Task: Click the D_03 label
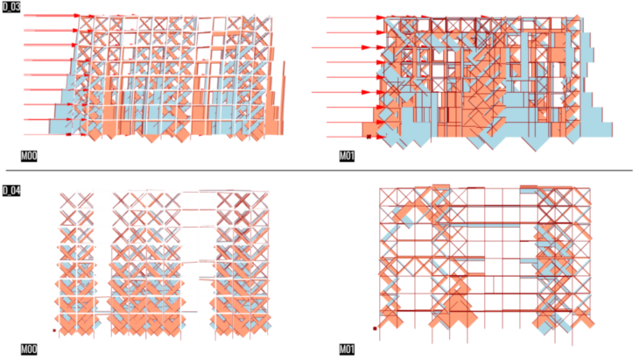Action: coord(11,7)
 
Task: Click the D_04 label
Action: coord(11,191)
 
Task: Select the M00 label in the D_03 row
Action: coord(29,156)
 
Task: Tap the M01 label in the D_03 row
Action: coord(347,156)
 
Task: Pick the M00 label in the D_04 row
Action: coord(29,349)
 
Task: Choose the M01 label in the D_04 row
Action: coord(347,349)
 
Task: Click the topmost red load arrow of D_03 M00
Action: coord(52,16)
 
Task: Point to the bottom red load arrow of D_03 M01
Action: coord(355,137)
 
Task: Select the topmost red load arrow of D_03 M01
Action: coord(355,18)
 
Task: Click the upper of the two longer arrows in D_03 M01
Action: coord(341,47)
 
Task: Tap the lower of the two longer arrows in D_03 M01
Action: coord(341,92)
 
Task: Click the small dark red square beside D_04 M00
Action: coord(54,330)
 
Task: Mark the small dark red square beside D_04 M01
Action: coord(375,328)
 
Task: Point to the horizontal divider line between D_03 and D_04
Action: coord(319,170)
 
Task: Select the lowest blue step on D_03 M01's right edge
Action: coord(597,130)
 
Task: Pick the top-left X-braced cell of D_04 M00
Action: coord(68,201)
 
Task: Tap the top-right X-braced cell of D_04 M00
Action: coord(260,200)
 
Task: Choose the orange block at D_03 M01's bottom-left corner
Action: coord(370,130)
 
